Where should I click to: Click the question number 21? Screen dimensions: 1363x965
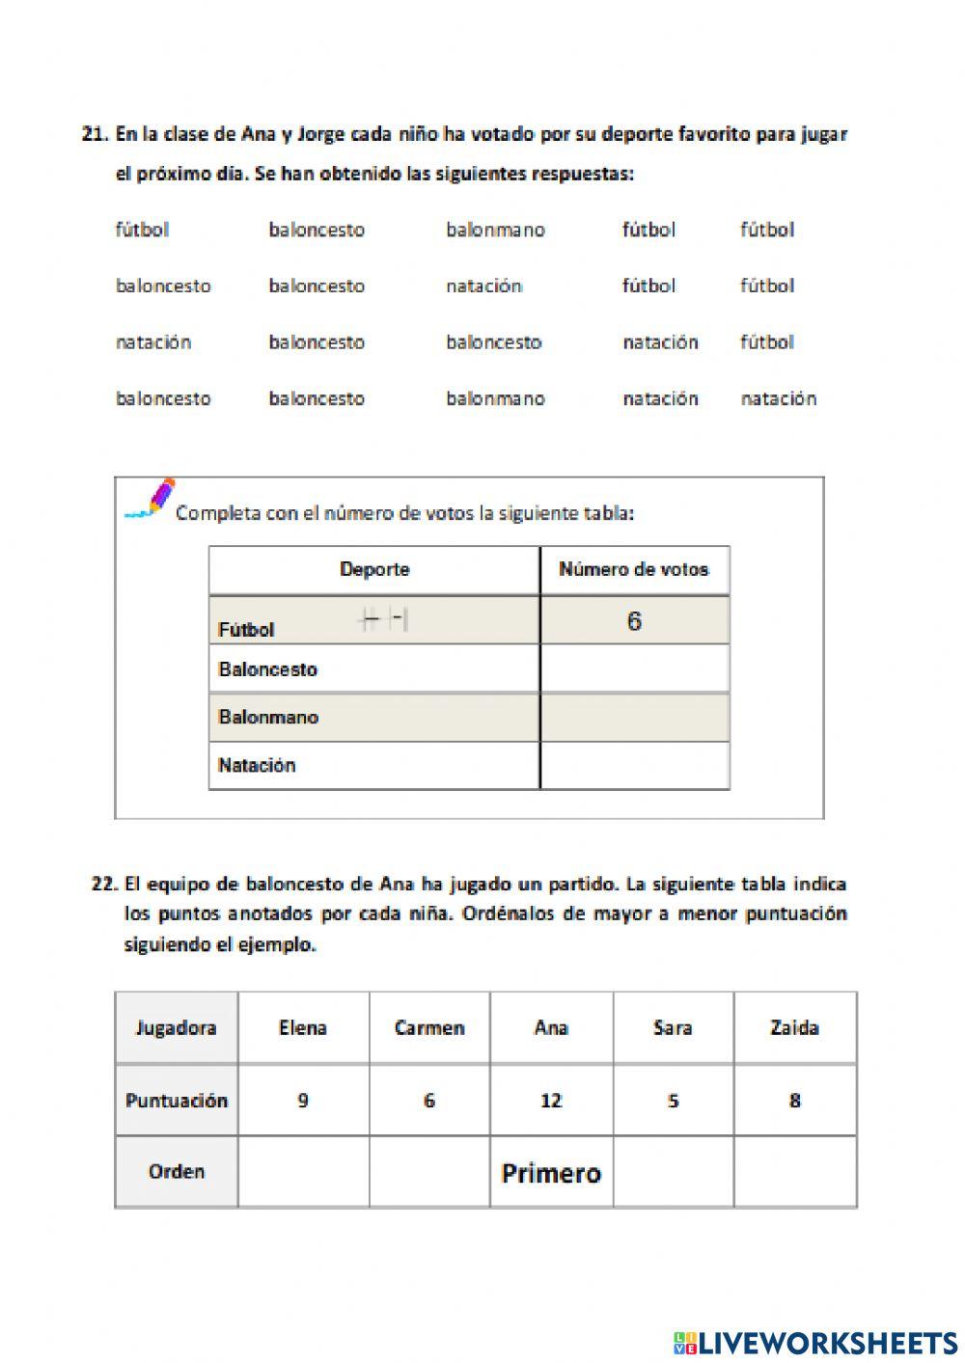click(95, 135)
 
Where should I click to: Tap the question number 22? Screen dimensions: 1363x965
click(104, 884)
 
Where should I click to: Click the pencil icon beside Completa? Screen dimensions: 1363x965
click(152, 499)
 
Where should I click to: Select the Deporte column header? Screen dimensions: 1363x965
click(374, 569)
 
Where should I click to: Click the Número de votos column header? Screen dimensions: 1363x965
click(634, 569)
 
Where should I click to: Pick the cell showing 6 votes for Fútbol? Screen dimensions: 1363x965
click(634, 621)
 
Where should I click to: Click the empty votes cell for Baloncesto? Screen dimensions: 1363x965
click(634, 668)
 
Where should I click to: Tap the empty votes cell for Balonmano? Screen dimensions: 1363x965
click(634, 717)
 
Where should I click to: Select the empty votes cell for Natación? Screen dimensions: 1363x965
click(634, 766)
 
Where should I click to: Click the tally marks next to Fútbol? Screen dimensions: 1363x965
click(383, 620)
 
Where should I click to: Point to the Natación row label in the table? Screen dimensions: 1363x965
click(257, 766)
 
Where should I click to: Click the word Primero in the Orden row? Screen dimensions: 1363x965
click(551, 1173)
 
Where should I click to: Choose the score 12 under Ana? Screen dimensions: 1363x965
click(551, 1101)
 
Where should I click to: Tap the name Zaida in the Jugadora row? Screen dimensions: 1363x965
click(794, 1028)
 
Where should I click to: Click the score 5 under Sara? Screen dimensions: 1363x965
click(673, 1101)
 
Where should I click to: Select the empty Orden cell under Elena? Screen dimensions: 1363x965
click(303, 1172)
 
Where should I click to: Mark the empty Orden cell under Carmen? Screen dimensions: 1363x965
click(429, 1172)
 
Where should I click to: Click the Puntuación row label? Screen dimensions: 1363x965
click(176, 1101)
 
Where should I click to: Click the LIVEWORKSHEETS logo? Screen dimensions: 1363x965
click(814, 1343)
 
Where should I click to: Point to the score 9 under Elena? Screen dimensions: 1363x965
click(303, 1101)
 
